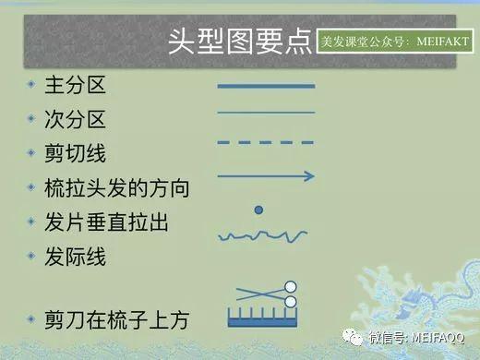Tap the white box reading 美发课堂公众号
point(394,42)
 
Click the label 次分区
point(76,119)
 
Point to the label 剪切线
point(76,153)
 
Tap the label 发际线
point(76,256)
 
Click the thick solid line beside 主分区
point(266,86)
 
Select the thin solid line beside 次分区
point(266,113)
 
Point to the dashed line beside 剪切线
point(266,143)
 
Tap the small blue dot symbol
point(259,210)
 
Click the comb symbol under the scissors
point(267,318)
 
